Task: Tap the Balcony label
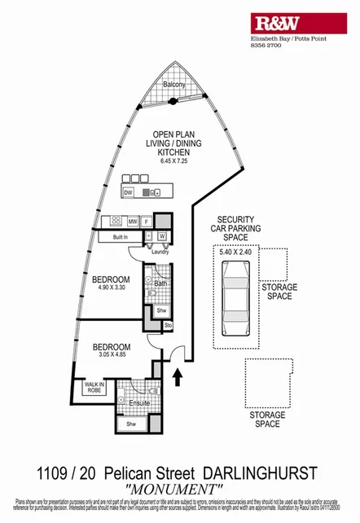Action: click(174, 85)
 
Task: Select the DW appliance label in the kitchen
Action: click(129, 192)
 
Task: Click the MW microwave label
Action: click(132, 221)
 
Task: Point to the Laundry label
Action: click(159, 252)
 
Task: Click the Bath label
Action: click(160, 283)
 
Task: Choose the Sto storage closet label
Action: click(169, 325)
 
